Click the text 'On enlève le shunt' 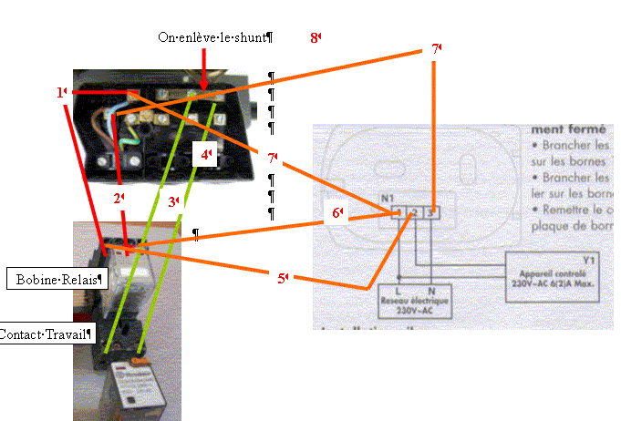pos(214,37)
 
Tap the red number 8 pos(315,37)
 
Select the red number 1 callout pos(61,92)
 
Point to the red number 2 pos(118,198)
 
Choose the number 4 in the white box pos(206,156)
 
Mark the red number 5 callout pos(283,278)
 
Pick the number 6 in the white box pos(336,213)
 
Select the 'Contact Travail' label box pos(46,334)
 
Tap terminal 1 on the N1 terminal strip pos(398,213)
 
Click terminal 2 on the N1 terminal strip pos(415,213)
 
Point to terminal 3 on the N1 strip pos(432,213)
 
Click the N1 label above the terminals pos(388,197)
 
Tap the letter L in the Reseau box pos(399,291)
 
